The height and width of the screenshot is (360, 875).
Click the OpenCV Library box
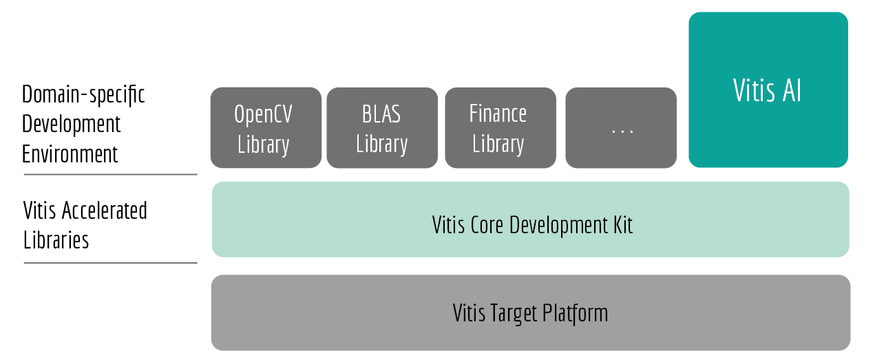266,127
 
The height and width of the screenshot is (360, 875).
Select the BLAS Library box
382,127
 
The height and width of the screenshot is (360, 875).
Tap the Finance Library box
500,127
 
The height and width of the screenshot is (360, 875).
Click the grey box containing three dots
621,127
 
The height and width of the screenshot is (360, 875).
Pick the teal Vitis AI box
768,89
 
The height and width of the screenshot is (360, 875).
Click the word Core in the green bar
486,225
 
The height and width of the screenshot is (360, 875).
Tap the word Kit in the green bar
622,225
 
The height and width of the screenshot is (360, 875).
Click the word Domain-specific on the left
83,95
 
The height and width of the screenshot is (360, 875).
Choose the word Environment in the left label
70,154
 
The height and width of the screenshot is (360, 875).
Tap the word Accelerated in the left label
104,211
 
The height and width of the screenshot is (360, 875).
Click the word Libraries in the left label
56,240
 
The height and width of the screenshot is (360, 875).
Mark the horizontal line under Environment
111,175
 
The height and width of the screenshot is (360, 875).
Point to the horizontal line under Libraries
111,263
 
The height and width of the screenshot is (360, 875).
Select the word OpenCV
263,114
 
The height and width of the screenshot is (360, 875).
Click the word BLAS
381,114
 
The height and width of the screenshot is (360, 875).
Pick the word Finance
498,114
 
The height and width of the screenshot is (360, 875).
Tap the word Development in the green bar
558,225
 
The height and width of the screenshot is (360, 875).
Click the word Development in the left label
71,125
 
